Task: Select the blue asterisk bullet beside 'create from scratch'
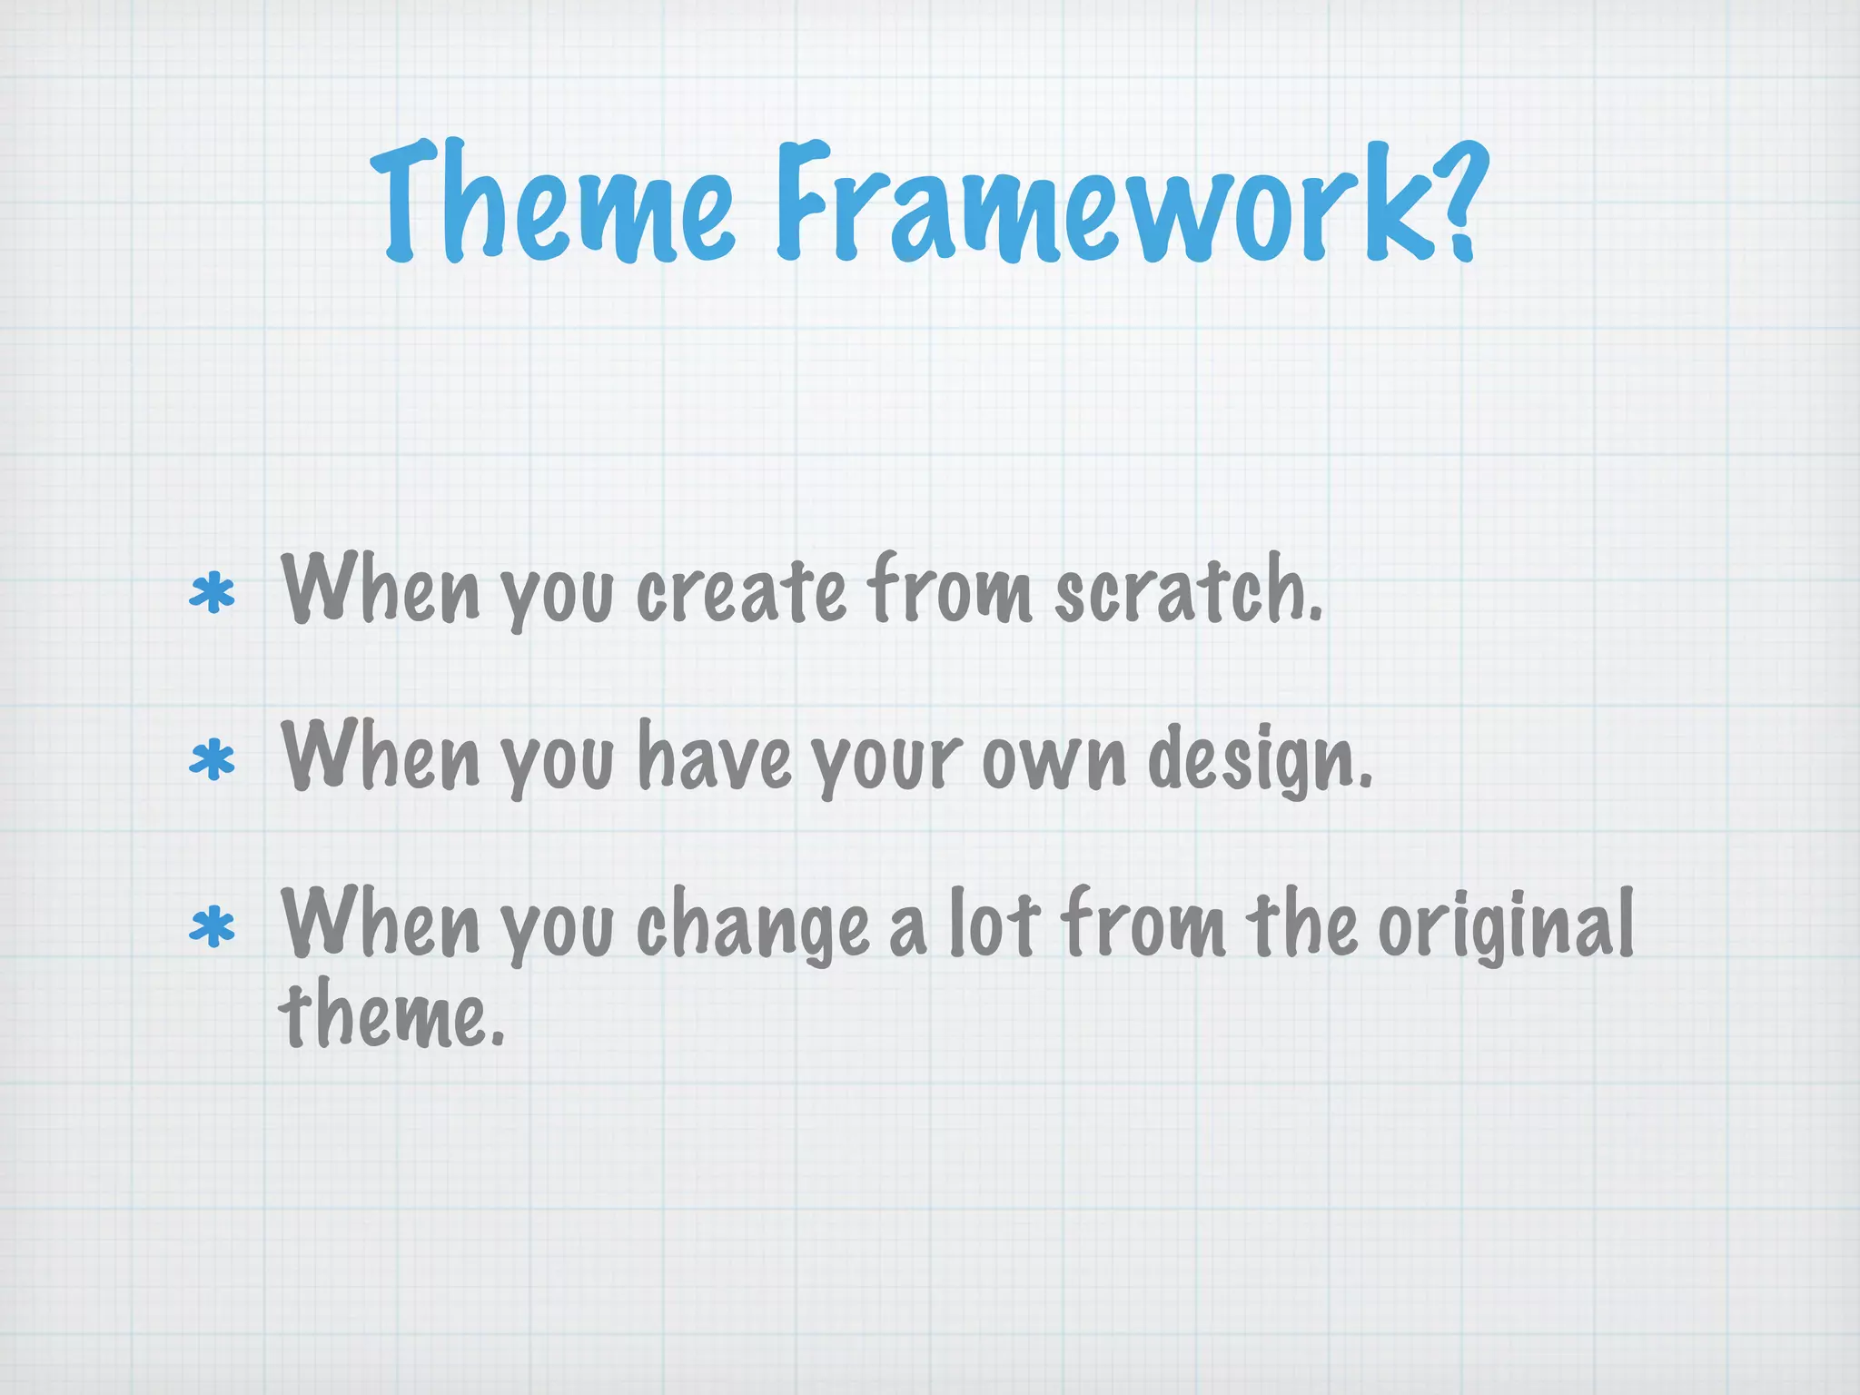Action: [x=212, y=594]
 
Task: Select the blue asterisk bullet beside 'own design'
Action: [x=212, y=761]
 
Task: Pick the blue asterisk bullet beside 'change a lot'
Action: [x=212, y=927]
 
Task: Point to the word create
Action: [x=740, y=592]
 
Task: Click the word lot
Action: [x=994, y=925]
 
